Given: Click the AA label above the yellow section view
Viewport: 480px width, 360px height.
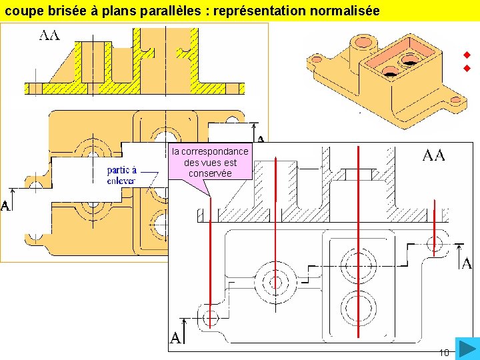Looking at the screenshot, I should tap(49, 35).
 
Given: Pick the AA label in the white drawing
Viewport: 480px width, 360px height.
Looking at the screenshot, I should tap(433, 156).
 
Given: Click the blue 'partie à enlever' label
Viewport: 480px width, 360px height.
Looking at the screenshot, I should tap(121, 175).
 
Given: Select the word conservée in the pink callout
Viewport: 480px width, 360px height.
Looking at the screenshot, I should tap(210, 173).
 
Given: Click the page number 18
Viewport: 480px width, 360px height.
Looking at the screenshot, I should tap(444, 352).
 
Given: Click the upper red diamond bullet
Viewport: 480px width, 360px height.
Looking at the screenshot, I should tap(468, 55).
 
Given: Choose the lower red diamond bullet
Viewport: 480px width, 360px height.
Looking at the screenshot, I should tap(468, 69).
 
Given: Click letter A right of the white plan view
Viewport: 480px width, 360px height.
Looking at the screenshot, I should tap(467, 263).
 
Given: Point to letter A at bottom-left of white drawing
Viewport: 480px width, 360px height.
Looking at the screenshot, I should tap(175, 338).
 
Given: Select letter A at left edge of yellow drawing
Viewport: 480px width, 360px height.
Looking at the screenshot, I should tap(5, 206).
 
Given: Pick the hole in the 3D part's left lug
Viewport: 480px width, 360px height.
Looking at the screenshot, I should tap(317, 59).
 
